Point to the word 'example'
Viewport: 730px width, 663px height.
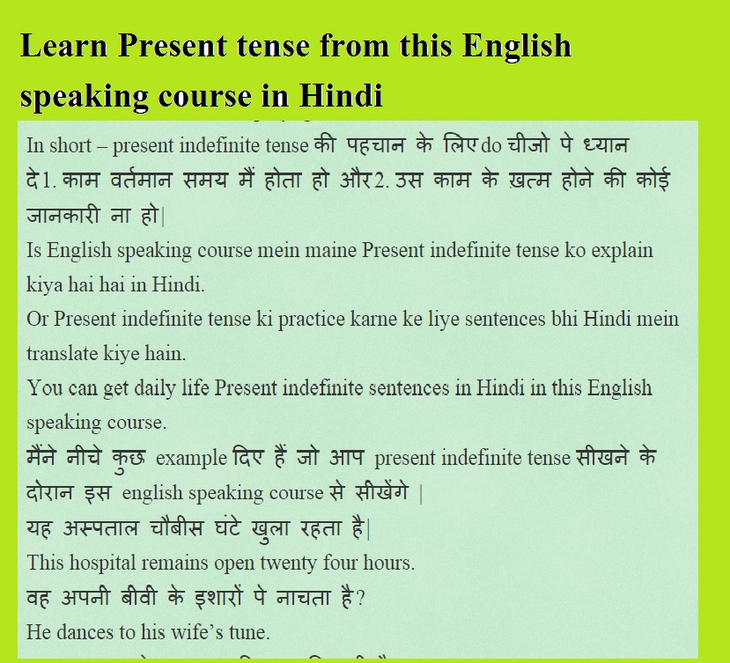pos(190,458)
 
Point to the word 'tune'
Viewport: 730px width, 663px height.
pos(249,631)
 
